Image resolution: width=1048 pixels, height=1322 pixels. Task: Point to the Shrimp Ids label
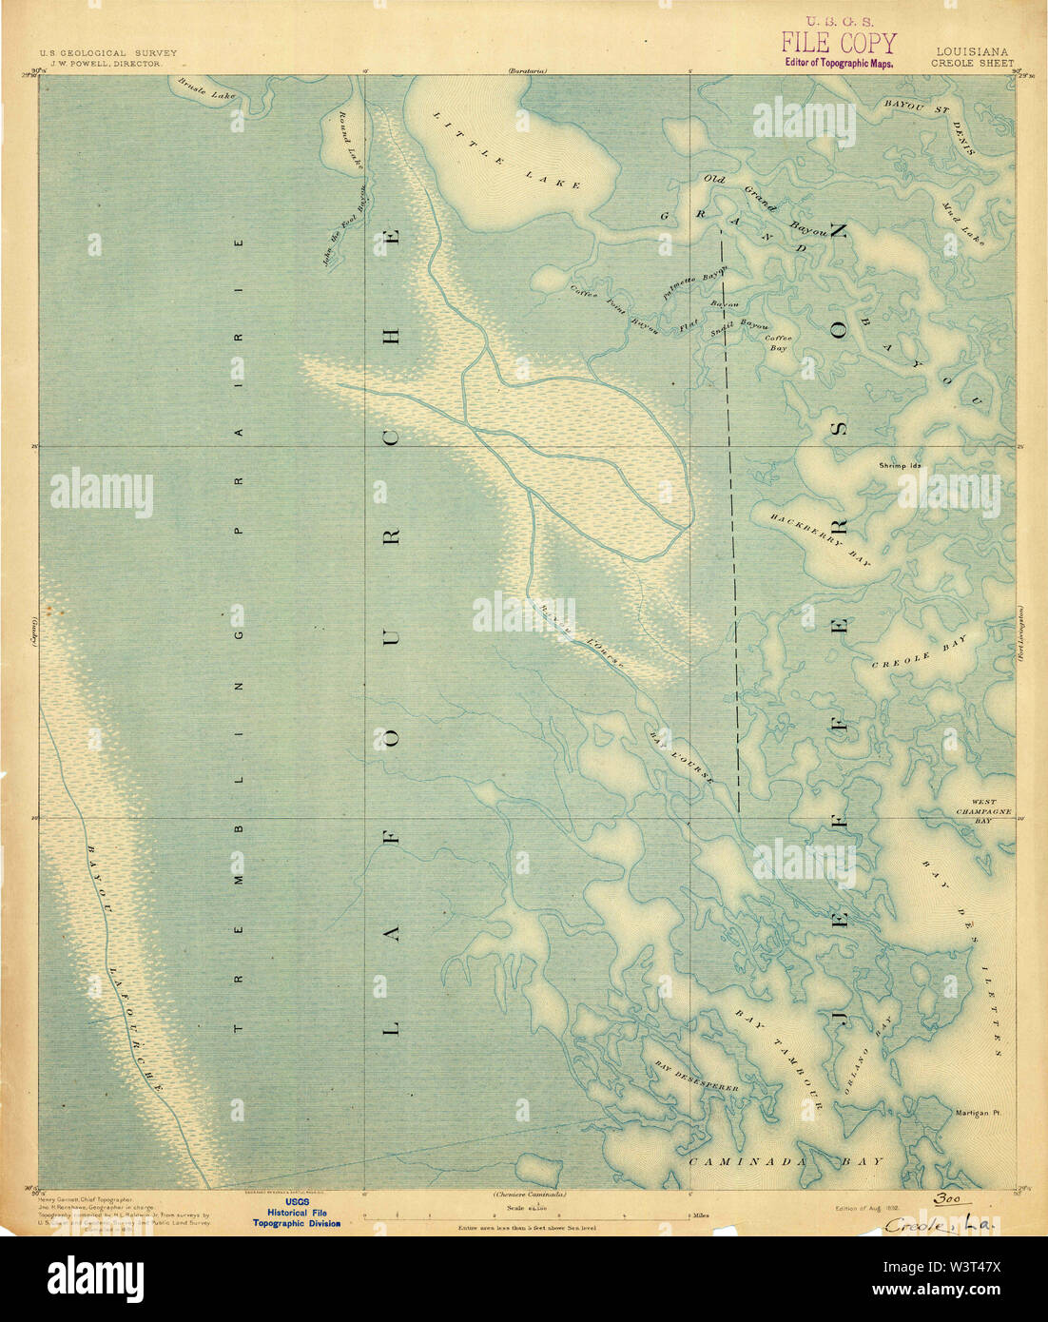pyautogui.click(x=902, y=466)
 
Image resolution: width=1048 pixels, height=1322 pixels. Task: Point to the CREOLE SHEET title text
pyautogui.click(x=974, y=64)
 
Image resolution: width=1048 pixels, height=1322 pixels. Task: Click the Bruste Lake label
pyautogui.click(x=206, y=88)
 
